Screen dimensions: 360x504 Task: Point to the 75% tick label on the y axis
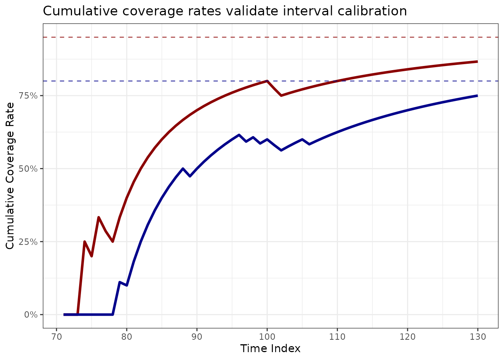pyautogui.click(x=28, y=96)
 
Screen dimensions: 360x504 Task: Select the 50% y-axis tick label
pyautogui.click(x=28, y=169)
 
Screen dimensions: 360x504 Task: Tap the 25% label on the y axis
pyautogui.click(x=28, y=241)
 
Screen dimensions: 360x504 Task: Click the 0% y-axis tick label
pyautogui.click(x=31, y=315)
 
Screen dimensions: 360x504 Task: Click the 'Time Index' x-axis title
pyautogui.click(x=270, y=349)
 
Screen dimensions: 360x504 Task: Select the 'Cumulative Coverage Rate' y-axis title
pyautogui.click(x=10, y=175)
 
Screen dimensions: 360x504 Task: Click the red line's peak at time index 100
pyautogui.click(x=267, y=81)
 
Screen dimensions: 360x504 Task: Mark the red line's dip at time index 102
pyautogui.click(x=281, y=96)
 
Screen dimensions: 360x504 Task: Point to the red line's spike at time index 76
pyautogui.click(x=99, y=217)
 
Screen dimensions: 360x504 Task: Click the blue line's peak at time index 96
pyautogui.click(x=239, y=135)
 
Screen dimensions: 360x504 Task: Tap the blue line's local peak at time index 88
pyautogui.click(x=183, y=168)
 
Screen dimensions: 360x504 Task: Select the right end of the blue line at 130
pyautogui.click(x=477, y=96)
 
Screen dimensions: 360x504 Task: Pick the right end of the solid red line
pyautogui.click(x=477, y=61)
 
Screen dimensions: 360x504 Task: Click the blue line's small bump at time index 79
pyautogui.click(x=120, y=282)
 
